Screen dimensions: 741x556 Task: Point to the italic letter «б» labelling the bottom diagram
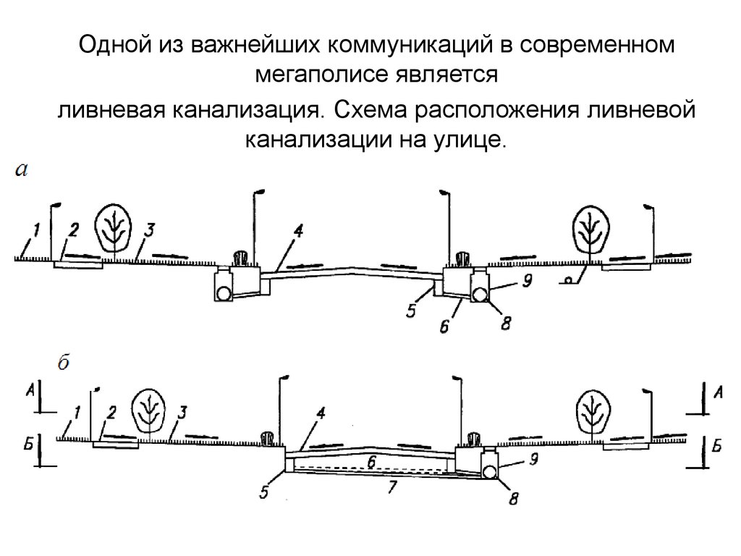point(63,364)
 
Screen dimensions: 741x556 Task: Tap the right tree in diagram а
point(590,227)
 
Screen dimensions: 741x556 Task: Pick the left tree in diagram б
point(149,410)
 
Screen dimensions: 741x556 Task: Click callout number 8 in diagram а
point(506,323)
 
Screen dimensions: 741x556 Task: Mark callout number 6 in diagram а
point(444,327)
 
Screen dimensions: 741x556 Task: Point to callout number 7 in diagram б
point(392,486)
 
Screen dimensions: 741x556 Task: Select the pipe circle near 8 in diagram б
point(491,472)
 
